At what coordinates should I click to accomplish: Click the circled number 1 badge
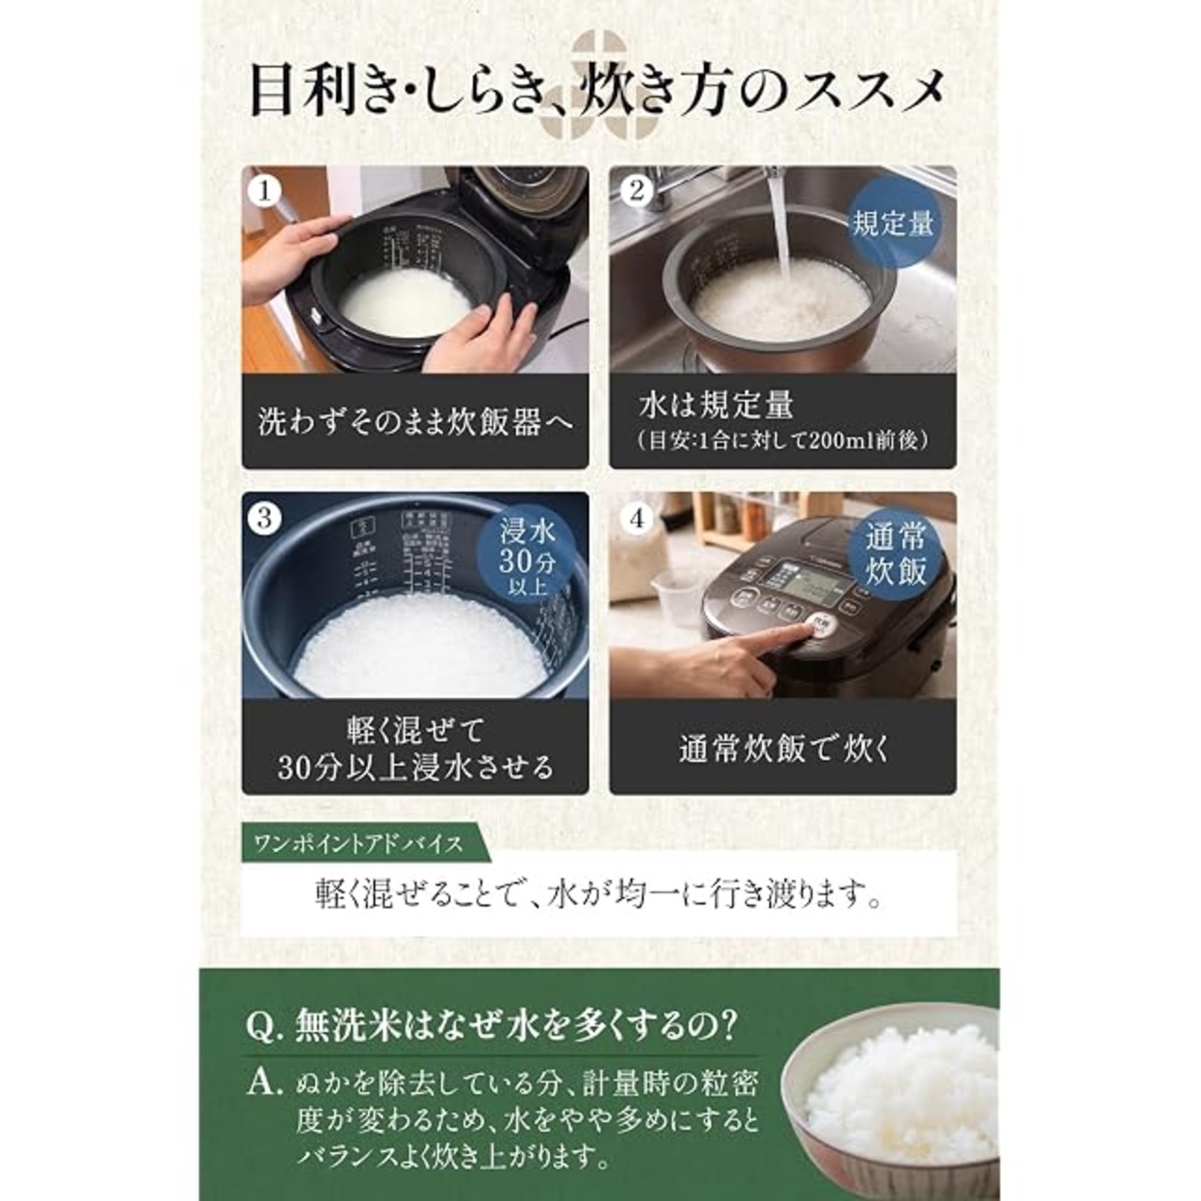tap(266, 191)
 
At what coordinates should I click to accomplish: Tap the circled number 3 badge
tap(266, 518)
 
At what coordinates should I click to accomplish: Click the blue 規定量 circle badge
tap(892, 223)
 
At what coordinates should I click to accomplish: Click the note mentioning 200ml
tap(783, 442)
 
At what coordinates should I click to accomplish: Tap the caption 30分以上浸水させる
tap(415, 767)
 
